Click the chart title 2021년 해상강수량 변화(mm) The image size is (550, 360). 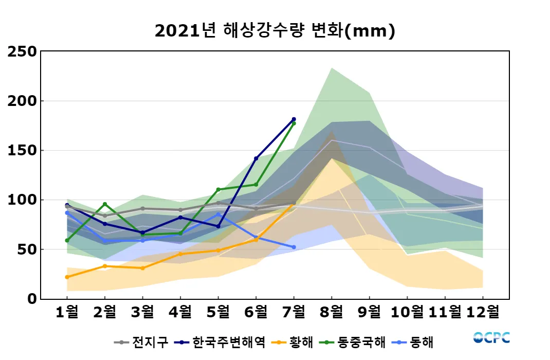274,31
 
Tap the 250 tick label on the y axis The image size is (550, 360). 22,51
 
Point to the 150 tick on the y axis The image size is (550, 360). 22,150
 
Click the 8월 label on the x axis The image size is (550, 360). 332,312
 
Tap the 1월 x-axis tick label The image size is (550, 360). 67,312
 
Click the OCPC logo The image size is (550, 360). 491,337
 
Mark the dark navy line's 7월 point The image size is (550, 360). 294,119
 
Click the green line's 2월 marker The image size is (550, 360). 105,204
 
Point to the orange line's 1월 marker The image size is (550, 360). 67,277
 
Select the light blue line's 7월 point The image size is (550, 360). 294,247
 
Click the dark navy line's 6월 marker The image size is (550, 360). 256,158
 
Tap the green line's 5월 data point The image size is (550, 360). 218,190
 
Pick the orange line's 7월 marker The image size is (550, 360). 294,204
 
